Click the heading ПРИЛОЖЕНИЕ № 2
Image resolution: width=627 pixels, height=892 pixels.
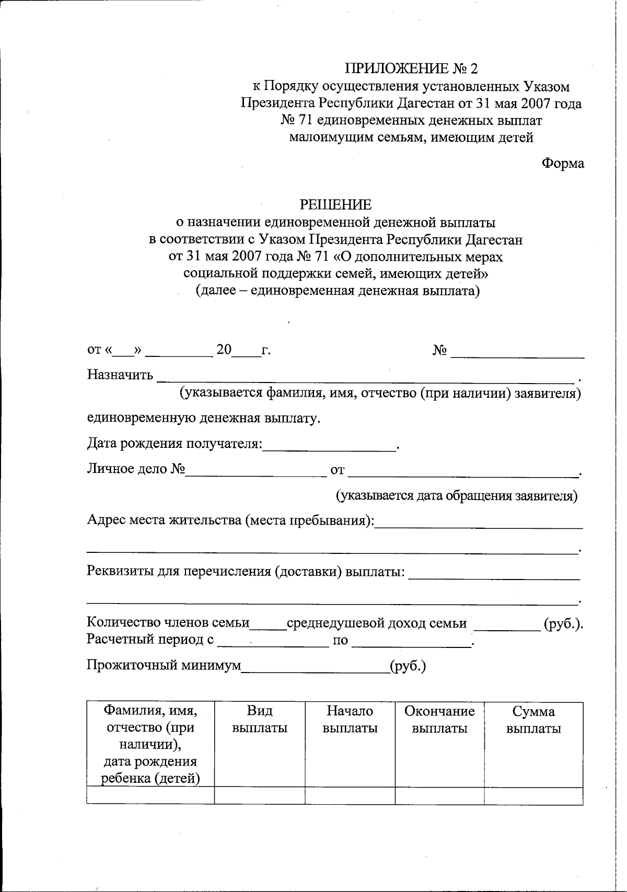[x=411, y=68]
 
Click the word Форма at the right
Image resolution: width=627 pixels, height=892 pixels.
[x=562, y=164]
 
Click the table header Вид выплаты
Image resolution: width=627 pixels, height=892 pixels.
[x=260, y=720]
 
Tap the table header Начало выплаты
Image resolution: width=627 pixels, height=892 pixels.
[x=350, y=720]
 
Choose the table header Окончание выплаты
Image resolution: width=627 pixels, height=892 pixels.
[x=439, y=720]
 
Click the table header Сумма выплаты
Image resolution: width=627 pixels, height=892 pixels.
[x=533, y=720]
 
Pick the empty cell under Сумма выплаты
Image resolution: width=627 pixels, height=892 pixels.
[x=533, y=796]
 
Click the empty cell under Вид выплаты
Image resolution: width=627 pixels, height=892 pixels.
[x=260, y=796]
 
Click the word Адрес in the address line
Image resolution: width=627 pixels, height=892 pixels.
[x=105, y=520]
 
